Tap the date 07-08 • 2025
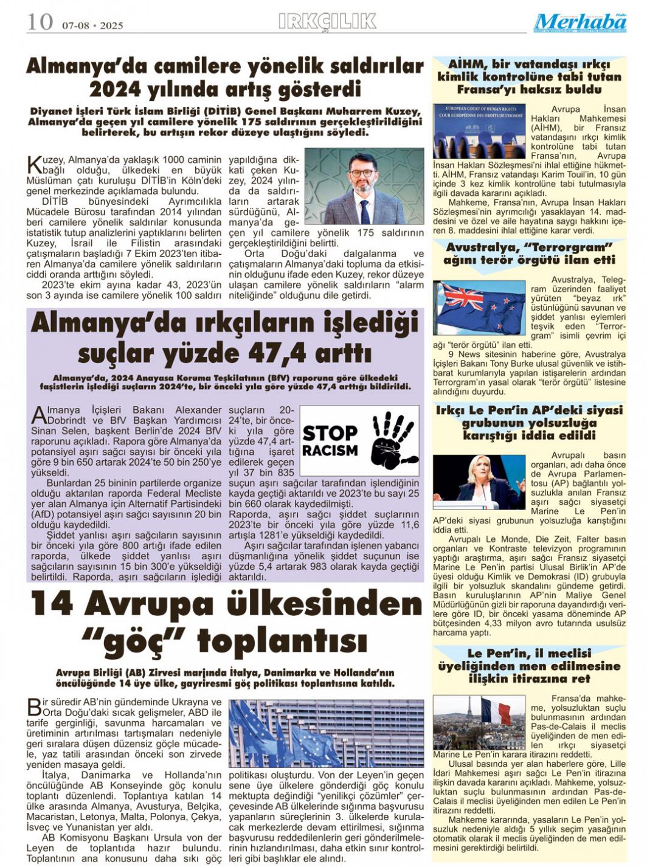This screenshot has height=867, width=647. [x=92, y=26]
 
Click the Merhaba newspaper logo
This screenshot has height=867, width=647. [x=580, y=23]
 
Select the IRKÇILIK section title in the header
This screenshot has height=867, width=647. [x=327, y=22]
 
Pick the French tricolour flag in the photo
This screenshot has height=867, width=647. [x=495, y=712]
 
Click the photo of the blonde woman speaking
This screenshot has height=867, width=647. [x=479, y=481]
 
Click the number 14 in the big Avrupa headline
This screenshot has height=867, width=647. [x=52, y=604]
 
